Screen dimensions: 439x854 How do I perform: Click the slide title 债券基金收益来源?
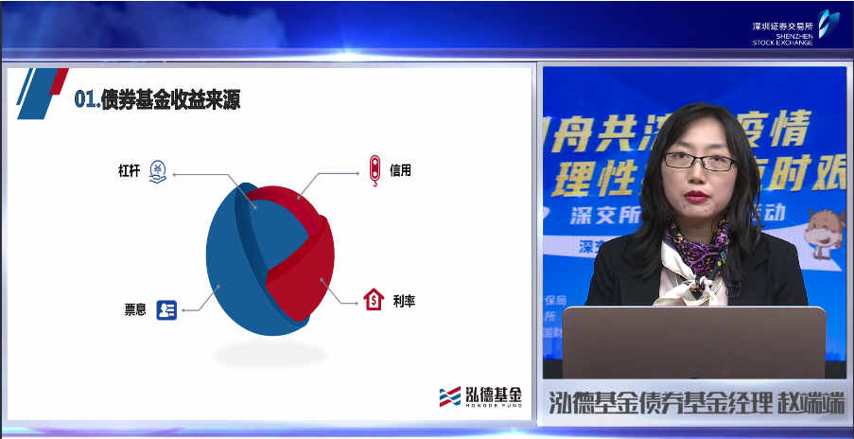[x=170, y=100]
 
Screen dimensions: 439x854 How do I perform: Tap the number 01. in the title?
[x=87, y=100]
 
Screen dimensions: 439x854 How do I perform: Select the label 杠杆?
[x=130, y=172]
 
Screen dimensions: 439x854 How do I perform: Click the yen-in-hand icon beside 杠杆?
[x=158, y=173]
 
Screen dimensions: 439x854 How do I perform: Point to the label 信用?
[x=400, y=171]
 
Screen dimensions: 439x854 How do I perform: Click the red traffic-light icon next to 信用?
[x=375, y=170]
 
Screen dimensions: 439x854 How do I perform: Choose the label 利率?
[x=404, y=301]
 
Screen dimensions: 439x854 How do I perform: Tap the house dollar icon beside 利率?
[x=374, y=300]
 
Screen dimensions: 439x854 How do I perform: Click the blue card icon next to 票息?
[x=166, y=309]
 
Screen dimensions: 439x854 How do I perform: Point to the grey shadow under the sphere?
[x=269, y=355]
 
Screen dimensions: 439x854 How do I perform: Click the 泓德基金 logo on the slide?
[x=479, y=396]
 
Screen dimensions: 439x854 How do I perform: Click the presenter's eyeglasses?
[x=699, y=162]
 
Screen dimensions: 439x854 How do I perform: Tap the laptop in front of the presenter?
[x=694, y=342]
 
